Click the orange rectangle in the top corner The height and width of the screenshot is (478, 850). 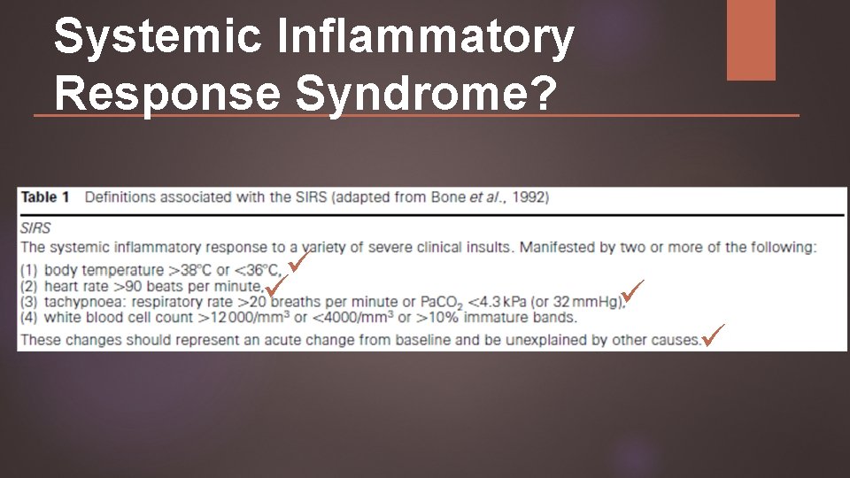point(751,39)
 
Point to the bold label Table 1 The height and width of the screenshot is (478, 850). point(50,197)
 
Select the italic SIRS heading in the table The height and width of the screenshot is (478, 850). point(35,227)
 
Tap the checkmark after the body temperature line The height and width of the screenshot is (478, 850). point(298,261)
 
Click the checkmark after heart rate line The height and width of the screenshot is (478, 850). point(276,285)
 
